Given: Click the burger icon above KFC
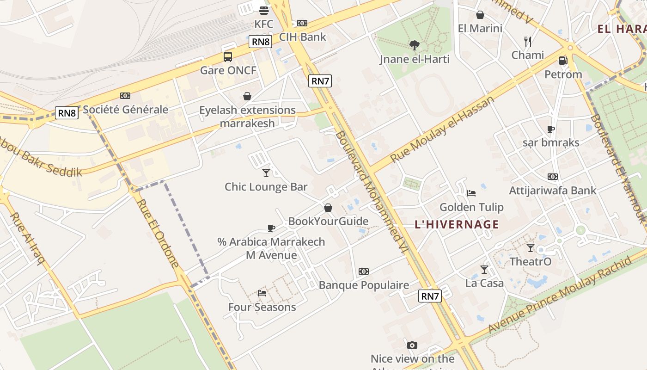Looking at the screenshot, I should pos(264,10).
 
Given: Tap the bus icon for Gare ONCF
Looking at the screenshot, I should pos(228,57).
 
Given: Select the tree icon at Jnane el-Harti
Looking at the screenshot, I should pos(415,45).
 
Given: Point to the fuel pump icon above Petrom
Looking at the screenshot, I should pos(563,61).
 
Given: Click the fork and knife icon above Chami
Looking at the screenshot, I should pos(528,42).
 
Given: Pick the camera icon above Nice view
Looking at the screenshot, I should pos(412,345).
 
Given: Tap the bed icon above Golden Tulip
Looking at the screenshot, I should pos(471,193).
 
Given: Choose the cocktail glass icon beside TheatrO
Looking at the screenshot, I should pos(531,248).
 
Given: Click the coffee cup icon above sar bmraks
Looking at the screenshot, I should pos(550,129).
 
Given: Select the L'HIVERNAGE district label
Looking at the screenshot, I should pos(457,225).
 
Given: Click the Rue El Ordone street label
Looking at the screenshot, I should pos(158,234).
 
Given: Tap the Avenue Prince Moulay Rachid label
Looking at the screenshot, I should pos(560,295).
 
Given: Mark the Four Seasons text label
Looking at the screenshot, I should pos(262,307).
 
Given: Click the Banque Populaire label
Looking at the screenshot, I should pos(364,285).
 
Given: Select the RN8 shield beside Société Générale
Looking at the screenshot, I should pos(67,112).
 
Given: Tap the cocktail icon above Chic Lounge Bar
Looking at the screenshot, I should pos(266,173).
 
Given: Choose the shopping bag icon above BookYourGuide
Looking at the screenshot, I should pos(328,208).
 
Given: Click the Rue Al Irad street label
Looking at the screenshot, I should pos(27,238).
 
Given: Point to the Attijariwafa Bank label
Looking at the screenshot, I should pos(553,191).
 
